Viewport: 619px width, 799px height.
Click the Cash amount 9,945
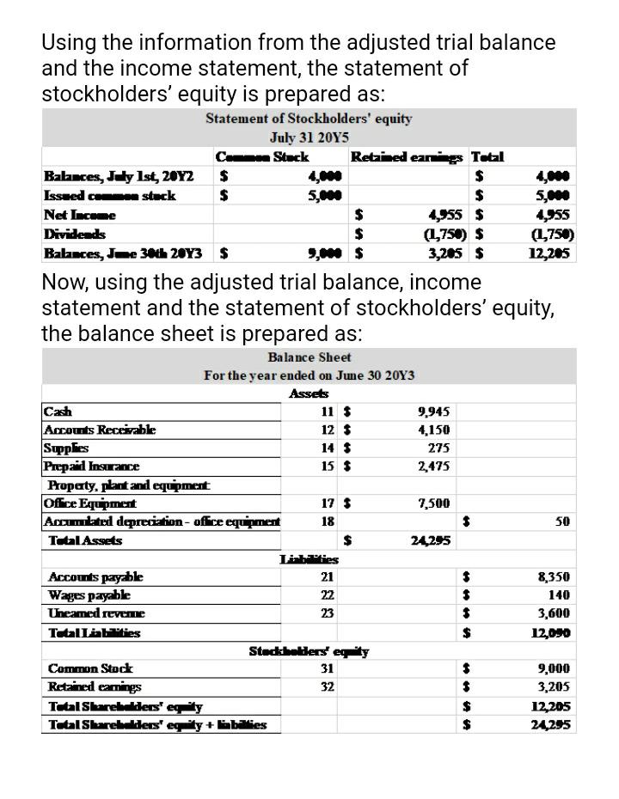[432, 412]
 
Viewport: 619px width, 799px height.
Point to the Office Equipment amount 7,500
[437, 503]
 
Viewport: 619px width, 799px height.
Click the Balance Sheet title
[309, 357]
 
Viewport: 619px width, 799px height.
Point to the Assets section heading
[309, 393]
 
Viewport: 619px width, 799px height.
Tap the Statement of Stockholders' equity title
[309, 119]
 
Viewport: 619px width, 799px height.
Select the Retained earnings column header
[407, 156]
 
